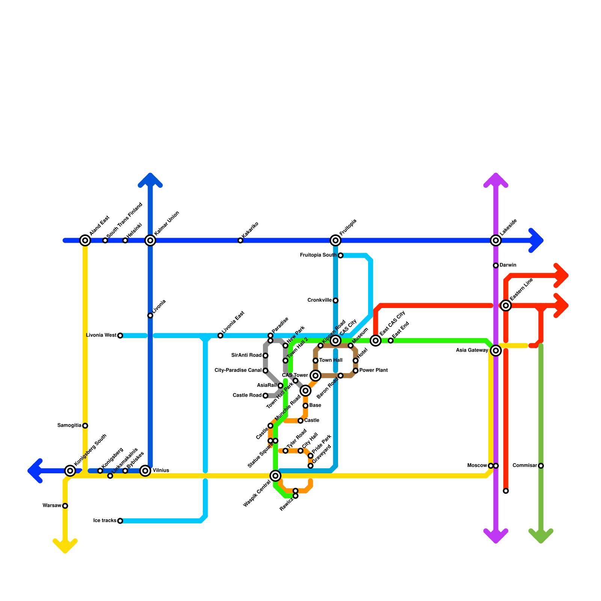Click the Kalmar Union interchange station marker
pyautogui.click(x=150, y=240)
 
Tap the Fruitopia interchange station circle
pyautogui.click(x=335, y=240)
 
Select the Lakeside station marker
pyautogui.click(x=496, y=240)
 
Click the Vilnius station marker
pyautogui.click(x=145, y=471)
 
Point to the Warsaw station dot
pyautogui.click(x=65, y=506)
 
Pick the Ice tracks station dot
pyautogui.click(x=120, y=521)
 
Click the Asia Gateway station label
pyautogui.click(x=472, y=350)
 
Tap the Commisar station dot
pyautogui.click(x=541, y=466)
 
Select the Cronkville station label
pyautogui.click(x=319, y=300)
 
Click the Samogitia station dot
pyautogui.click(x=85, y=426)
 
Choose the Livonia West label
pyautogui.click(x=101, y=335)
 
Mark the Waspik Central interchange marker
pyautogui.click(x=275, y=476)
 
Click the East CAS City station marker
pyautogui.click(x=376, y=341)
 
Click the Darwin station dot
pyautogui.click(x=496, y=266)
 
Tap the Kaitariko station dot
pyautogui.click(x=240, y=240)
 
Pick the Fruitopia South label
pyautogui.click(x=318, y=255)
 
